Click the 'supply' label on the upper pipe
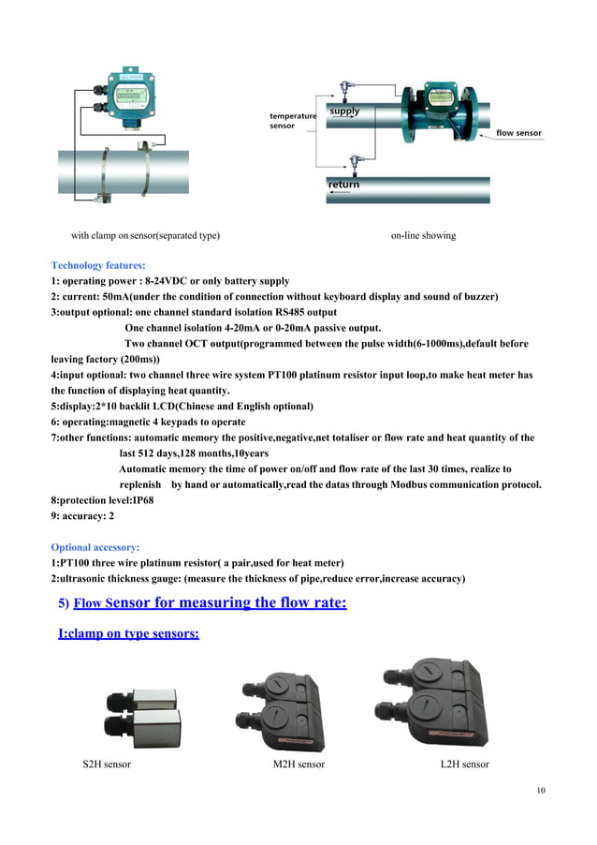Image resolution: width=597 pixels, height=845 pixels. coord(345,111)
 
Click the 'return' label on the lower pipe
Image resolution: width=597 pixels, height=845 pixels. coord(343,185)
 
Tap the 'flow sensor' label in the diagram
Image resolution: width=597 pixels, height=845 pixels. coord(518,134)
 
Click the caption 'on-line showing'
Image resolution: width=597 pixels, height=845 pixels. coord(423,235)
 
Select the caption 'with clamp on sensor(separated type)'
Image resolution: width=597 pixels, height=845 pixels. coord(146,235)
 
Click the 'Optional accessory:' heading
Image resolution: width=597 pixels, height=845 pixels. coord(95,546)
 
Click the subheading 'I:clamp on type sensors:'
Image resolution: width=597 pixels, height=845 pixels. coord(128,634)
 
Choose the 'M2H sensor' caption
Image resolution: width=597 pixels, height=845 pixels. coord(298,764)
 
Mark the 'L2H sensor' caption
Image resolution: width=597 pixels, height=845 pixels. coord(464,764)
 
